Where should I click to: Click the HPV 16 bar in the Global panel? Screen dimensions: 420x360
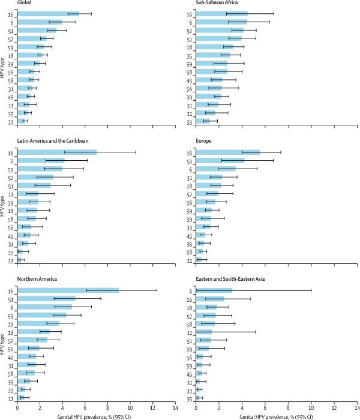pos(48,13)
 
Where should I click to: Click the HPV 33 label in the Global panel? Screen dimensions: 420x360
pos(11,121)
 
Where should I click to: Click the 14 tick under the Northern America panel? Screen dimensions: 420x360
pos(175,408)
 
